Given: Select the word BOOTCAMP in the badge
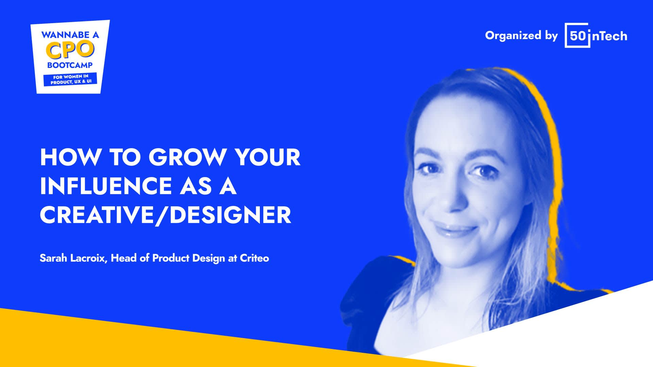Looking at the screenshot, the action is pos(70,65).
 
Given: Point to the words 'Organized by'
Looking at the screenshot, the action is pos(521,36).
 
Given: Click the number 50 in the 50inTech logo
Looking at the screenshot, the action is pos(577,36).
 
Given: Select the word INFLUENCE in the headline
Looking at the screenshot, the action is pos(106,186).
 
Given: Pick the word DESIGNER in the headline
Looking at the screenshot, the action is pos(230,215).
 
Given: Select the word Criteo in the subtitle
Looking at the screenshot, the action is pos(254,258).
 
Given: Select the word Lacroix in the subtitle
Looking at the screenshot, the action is pos(89,258).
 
